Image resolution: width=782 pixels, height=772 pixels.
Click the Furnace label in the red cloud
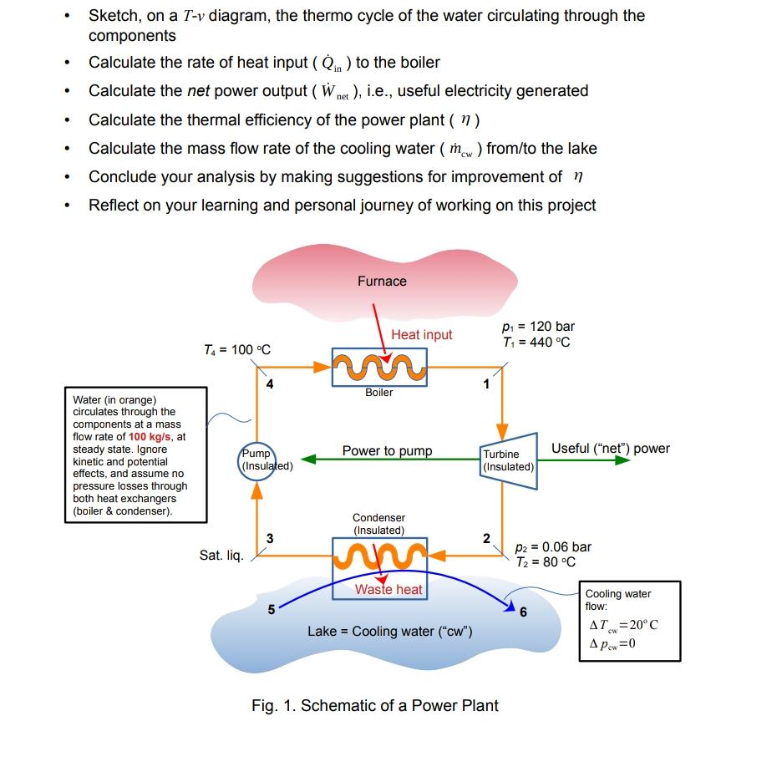point(382,282)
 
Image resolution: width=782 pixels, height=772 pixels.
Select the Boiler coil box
point(379,367)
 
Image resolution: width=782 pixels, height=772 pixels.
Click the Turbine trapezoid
point(508,460)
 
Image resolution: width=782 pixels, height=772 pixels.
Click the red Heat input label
point(421,335)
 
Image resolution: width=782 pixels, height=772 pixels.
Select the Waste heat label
point(388,590)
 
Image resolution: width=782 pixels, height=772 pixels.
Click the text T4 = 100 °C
point(237,349)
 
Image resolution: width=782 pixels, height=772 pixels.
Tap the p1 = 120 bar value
point(539,327)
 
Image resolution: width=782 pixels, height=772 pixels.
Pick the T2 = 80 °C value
point(545,561)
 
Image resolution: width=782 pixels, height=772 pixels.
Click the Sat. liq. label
point(221,555)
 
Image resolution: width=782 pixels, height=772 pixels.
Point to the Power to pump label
point(387,451)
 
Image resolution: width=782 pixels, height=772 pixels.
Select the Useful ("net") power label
point(610,449)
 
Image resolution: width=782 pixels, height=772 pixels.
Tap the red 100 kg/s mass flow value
point(149,436)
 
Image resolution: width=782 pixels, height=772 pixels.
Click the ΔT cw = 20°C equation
point(623,625)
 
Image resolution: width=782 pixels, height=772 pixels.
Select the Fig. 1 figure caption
point(374,706)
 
